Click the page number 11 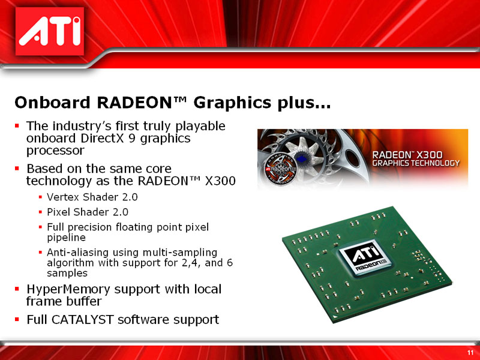[470, 352]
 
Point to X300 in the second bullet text [220, 181]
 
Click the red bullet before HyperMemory [17, 290]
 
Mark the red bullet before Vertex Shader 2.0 [40, 197]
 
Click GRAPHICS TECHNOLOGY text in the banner [416, 163]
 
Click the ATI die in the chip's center [364, 262]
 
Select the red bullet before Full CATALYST [17, 320]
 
